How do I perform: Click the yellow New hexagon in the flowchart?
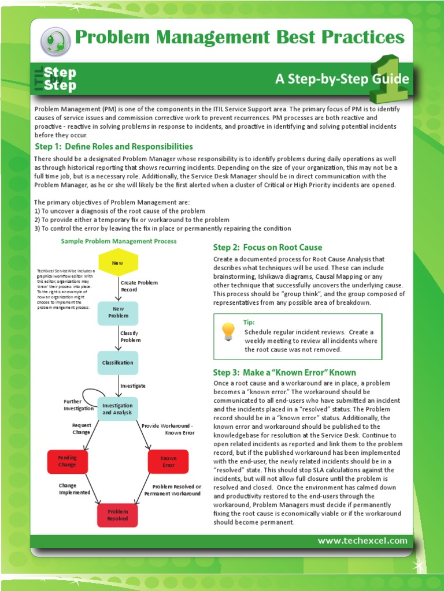(118, 263)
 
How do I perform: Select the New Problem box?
(118, 312)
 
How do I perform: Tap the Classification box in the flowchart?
(118, 362)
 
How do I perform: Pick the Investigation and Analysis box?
(118, 409)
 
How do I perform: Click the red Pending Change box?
(67, 461)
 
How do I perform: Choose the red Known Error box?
(168, 461)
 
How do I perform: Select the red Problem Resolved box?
(118, 515)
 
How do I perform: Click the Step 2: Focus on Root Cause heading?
(267, 248)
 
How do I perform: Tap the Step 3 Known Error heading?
(284, 372)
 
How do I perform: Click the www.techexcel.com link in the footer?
(362, 541)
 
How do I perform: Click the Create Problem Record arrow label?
(139, 286)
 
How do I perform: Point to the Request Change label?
(81, 428)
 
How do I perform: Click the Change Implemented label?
(75, 489)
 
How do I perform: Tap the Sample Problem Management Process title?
(119, 241)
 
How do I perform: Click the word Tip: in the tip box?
(249, 323)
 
